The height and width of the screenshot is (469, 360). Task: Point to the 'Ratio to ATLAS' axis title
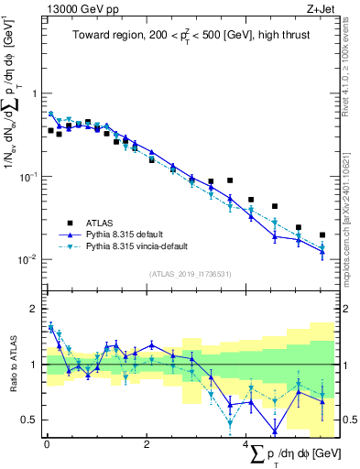pos(12,376)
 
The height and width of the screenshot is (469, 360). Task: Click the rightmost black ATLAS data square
pos(322,235)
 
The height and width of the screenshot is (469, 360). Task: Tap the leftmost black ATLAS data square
pos(51,130)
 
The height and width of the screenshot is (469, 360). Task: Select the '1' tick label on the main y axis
pos(34,93)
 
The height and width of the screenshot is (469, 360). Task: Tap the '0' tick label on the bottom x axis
pos(47,444)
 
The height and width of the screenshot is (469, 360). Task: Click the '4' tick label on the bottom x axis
pos(246,444)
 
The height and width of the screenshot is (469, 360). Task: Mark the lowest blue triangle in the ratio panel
pos(274,431)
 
